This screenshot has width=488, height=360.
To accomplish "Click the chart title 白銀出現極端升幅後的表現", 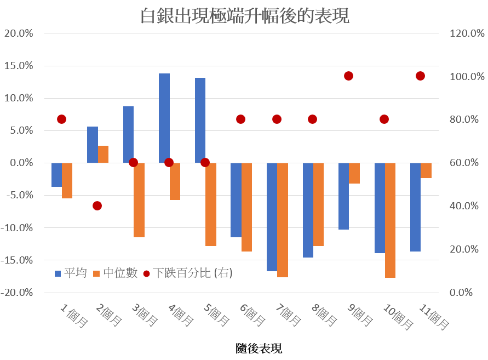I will [x=244, y=15].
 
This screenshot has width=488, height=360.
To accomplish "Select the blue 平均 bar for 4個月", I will [x=164, y=118].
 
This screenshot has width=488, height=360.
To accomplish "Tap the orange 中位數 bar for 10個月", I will [x=390, y=220].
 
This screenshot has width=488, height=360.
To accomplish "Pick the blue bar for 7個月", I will [x=272, y=217].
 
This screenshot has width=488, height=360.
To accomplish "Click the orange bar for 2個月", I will [x=104, y=154].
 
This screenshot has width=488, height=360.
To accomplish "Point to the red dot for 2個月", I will [x=97, y=206].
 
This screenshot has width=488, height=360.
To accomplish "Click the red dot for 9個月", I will [x=348, y=76].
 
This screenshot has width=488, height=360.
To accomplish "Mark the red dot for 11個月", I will [x=420, y=76].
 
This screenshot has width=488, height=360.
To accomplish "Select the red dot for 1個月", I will [x=61, y=119].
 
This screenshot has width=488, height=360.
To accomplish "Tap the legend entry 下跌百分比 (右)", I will [x=188, y=272].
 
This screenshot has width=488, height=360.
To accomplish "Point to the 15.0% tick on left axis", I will [x=19, y=66].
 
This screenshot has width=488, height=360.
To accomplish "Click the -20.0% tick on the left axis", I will [x=17, y=293].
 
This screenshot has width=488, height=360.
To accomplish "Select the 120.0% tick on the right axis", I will [x=467, y=33].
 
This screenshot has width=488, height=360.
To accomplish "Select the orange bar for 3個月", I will [x=139, y=200].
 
